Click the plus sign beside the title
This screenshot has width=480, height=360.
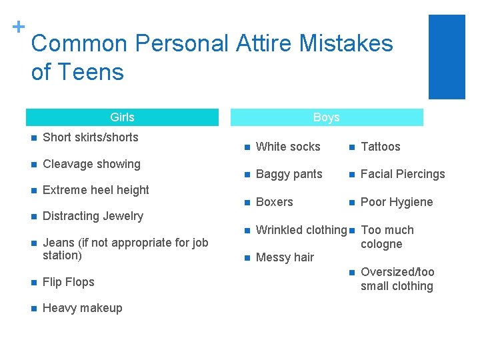point(19,26)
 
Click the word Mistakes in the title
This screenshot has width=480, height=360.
point(346,43)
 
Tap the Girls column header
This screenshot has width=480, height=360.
point(122,117)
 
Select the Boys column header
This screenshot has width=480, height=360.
point(326,117)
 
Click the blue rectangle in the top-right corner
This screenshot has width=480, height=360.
point(446,57)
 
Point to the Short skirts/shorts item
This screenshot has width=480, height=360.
point(90,137)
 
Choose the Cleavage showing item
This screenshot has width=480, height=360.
point(91,164)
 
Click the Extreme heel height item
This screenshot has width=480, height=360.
point(95,190)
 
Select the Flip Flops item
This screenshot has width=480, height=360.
point(68,282)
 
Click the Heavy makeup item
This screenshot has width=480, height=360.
point(82,308)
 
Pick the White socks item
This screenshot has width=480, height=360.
point(288,147)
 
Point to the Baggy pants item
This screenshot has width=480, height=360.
point(289,174)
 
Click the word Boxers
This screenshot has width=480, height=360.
point(274,202)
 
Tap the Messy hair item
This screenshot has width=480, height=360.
point(285,257)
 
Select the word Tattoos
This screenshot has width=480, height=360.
point(380,147)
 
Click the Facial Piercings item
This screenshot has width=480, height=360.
point(402,174)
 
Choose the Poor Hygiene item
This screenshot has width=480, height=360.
point(397,202)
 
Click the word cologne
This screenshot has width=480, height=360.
point(381,244)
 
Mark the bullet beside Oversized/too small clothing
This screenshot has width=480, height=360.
point(351,272)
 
